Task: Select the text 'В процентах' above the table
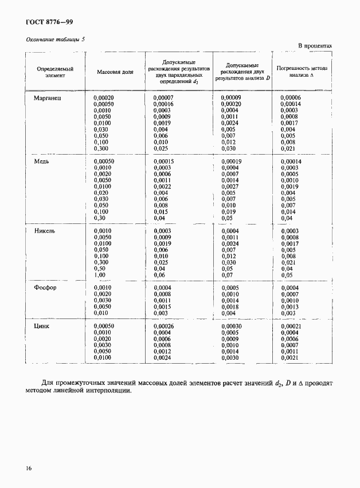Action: point(315,45)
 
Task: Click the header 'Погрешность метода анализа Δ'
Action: point(301,71)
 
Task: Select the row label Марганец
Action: point(48,98)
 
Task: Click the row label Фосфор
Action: point(46,288)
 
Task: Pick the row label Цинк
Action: point(43,326)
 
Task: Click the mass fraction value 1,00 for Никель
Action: point(100,275)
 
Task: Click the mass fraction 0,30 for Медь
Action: point(100,218)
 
